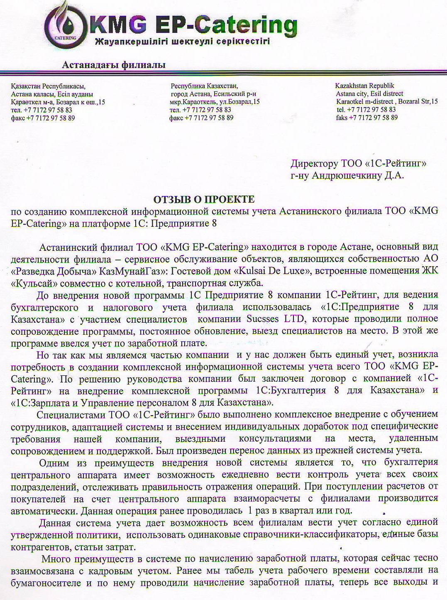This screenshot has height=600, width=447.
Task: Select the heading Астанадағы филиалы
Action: click(113, 65)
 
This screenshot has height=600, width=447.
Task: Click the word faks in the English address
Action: click(342, 118)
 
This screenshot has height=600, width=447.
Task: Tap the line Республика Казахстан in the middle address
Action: click(204, 86)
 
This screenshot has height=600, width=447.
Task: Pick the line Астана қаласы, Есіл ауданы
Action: click(52, 94)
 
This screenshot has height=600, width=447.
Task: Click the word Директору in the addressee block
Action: click(314, 164)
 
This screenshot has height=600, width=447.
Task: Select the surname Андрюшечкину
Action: click(347, 176)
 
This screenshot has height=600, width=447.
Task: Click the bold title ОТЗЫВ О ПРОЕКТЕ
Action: click(204, 199)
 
